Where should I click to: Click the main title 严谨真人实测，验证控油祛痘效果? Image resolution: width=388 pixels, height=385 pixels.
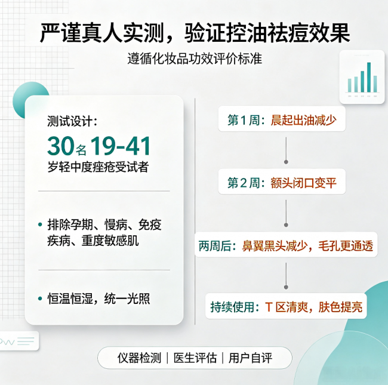point(195,33)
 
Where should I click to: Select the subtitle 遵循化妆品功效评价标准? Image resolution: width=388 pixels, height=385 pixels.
point(195,59)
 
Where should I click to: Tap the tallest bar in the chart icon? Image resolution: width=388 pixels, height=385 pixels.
point(369,77)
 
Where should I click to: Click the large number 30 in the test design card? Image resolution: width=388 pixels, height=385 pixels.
point(61,146)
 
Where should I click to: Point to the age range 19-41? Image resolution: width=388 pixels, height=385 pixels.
point(121,146)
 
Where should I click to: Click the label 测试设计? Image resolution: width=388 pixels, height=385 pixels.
point(72,121)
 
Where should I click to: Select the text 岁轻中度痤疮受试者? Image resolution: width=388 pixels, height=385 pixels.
point(98,167)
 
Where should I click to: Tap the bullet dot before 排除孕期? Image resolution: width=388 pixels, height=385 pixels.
point(40,224)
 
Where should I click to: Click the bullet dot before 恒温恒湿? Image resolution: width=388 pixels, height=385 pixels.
point(40,298)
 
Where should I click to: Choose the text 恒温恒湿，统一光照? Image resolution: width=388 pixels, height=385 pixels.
point(98,298)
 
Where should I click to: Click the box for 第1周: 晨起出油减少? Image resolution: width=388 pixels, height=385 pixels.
point(282,119)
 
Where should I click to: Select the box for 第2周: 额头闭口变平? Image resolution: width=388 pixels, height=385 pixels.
point(282,181)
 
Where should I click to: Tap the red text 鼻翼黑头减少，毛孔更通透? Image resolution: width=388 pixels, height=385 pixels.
point(307,246)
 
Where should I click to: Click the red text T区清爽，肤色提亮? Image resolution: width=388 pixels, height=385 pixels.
point(314,307)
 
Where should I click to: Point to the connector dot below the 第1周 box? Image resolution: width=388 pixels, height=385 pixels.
point(286,162)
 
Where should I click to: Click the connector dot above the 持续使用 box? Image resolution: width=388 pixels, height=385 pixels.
point(286,287)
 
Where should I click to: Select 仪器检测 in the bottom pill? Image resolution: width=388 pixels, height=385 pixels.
point(139,358)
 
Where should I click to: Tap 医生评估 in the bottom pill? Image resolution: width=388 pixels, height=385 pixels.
point(195,358)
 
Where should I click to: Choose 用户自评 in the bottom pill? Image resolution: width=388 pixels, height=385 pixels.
point(250,358)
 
